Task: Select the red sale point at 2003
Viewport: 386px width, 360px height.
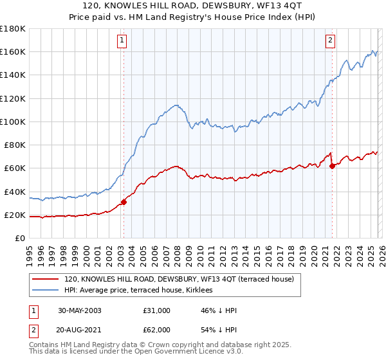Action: coord(124,202)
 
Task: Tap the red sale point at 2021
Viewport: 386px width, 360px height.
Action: coord(332,166)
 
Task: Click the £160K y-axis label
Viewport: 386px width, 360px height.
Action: coord(13,51)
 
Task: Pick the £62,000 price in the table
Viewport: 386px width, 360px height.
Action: coord(157,329)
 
